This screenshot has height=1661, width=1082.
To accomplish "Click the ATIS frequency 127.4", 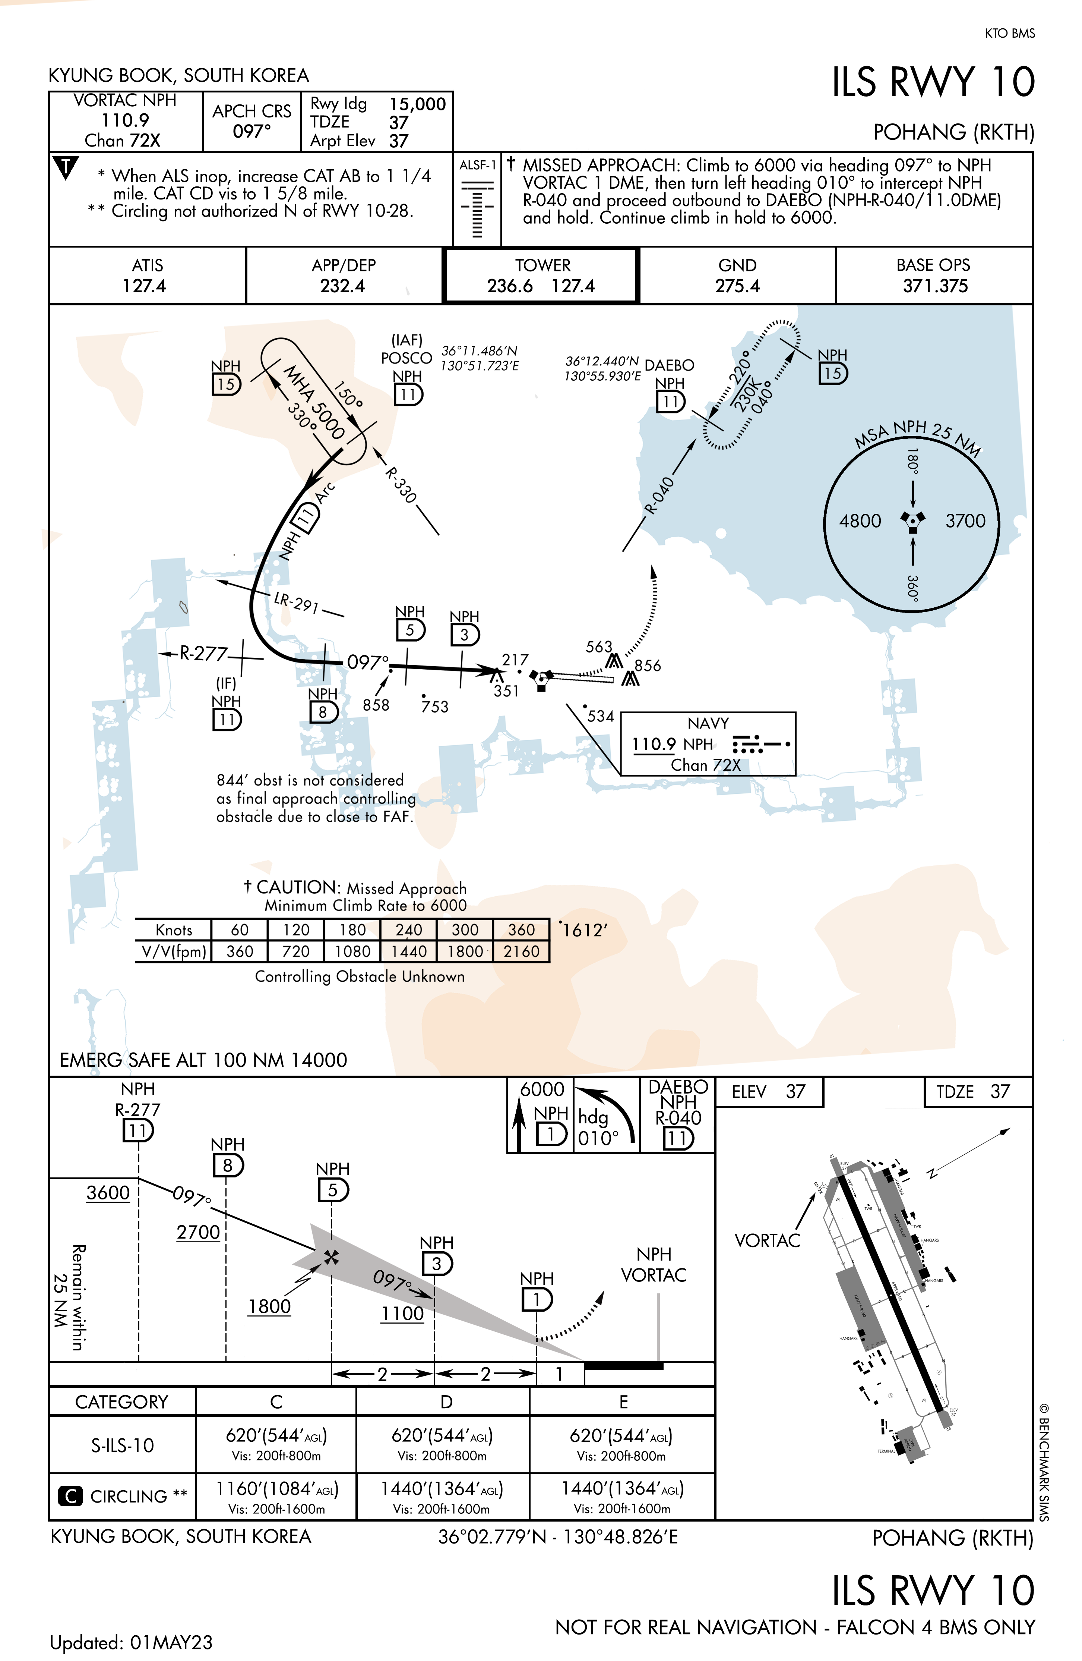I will coord(145,286).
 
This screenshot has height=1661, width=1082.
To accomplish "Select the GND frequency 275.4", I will coord(737,286).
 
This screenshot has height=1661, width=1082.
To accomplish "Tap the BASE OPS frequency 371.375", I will coord(935,286).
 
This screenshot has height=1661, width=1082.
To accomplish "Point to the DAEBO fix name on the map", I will coord(669,365).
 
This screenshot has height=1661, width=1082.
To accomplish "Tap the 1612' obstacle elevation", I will coord(585,930).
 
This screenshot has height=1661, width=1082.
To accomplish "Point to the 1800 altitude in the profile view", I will coord(269,1306).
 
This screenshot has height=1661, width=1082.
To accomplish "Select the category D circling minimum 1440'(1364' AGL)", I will coord(442,1489).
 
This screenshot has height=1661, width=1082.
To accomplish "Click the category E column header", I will coord(623,1402).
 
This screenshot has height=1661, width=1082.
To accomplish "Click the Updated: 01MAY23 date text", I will coord(131,1642).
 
